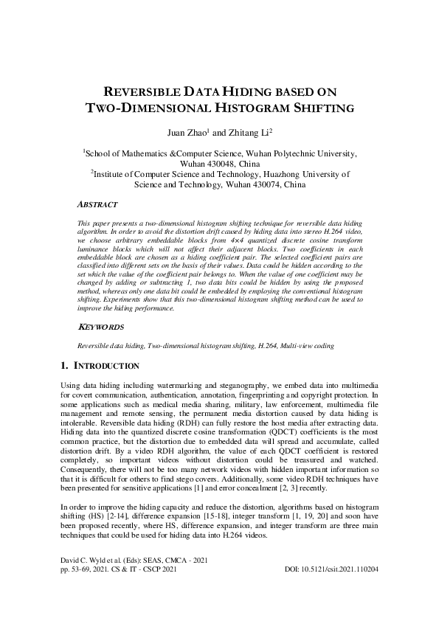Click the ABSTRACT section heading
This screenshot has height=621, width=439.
97,203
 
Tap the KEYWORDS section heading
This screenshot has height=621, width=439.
100,326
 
